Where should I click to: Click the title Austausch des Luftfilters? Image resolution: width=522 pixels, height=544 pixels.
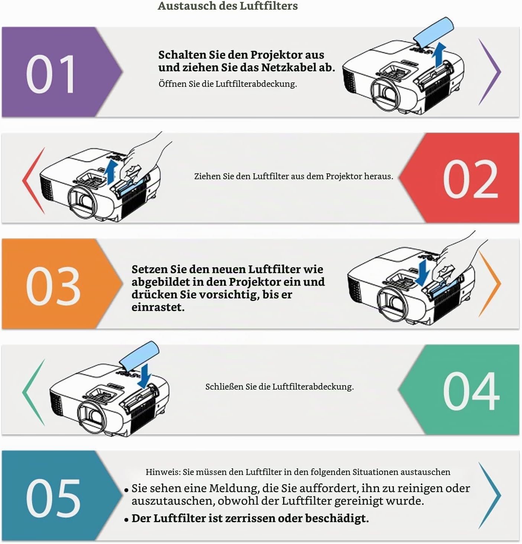point(227,6)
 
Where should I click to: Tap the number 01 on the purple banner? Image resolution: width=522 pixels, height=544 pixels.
point(51,74)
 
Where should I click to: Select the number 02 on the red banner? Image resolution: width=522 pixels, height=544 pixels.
point(470,179)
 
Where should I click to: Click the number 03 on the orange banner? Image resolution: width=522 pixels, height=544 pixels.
point(53,286)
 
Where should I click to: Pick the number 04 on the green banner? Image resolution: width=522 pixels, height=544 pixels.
point(471,391)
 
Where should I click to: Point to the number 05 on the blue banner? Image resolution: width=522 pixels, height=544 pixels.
point(53,498)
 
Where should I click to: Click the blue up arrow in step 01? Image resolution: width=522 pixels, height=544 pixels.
point(439,55)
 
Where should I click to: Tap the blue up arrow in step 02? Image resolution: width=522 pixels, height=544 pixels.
point(111,172)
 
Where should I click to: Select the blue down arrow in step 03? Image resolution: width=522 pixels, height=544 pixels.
point(423,273)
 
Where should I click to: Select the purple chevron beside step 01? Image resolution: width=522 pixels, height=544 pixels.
point(489,72)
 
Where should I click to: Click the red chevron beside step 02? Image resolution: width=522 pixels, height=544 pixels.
point(33,181)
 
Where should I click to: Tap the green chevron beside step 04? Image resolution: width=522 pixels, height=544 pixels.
point(33,392)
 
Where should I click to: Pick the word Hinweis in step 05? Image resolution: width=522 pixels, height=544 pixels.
point(163,472)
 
